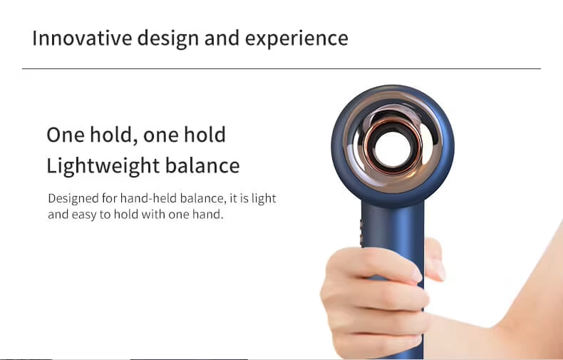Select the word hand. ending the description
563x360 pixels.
tap(207, 214)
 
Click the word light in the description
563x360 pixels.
tap(264, 198)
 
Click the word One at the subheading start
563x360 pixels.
tap(63, 135)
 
